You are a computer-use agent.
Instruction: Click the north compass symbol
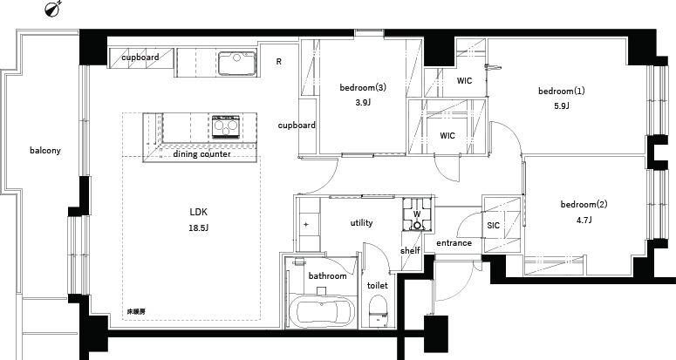(52, 9)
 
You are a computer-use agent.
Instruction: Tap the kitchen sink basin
(236, 63)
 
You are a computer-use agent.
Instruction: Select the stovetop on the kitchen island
(225, 126)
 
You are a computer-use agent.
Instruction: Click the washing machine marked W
(417, 214)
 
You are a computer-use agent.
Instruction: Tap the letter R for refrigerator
(279, 62)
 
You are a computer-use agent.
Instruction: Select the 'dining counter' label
(201, 154)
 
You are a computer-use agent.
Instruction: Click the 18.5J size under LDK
(198, 228)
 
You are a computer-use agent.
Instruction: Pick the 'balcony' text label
(45, 151)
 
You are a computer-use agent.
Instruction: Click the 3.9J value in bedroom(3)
(363, 103)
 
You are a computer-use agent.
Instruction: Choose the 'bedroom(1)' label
(562, 92)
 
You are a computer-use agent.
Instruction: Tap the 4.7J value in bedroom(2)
(584, 220)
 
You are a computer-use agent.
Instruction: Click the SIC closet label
(493, 225)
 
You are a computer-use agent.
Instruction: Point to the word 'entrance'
(454, 243)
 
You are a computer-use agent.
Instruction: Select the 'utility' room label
(361, 222)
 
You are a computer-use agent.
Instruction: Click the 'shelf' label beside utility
(410, 251)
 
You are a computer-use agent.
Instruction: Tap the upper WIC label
(464, 80)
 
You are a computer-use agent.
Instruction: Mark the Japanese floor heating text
(136, 312)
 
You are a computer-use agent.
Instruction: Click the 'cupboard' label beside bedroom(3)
(297, 126)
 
